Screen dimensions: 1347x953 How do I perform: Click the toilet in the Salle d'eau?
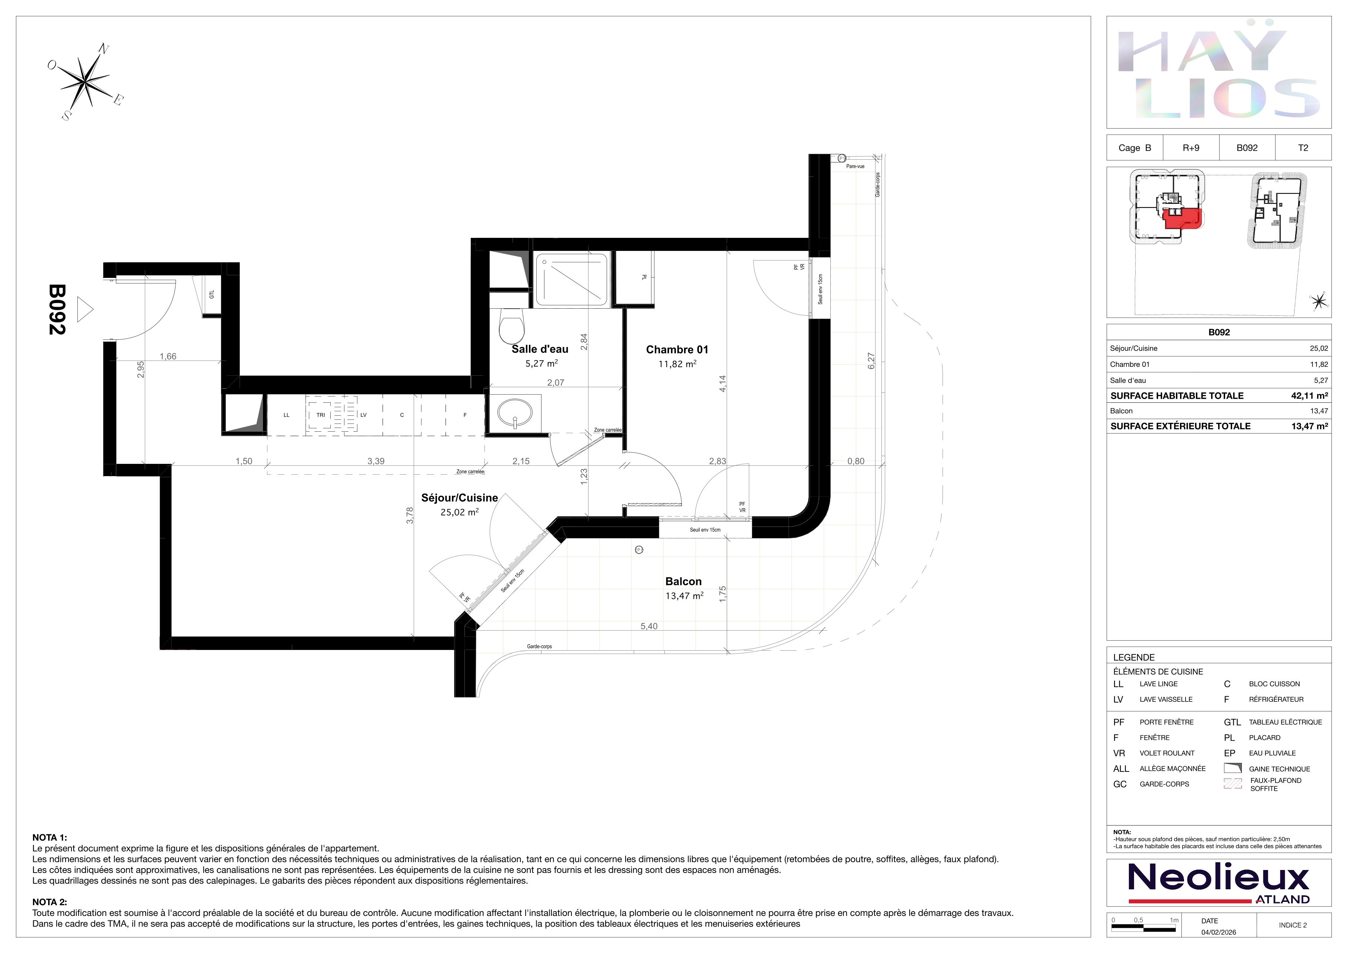pyautogui.click(x=511, y=327)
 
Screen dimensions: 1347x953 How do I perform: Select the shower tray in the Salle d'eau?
pyautogui.click(x=571, y=279)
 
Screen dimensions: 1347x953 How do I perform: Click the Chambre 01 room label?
pyautogui.click(x=677, y=350)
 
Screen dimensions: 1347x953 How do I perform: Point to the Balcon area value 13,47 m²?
pyautogui.click(x=684, y=596)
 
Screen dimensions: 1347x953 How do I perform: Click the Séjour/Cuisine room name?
pyautogui.click(x=459, y=498)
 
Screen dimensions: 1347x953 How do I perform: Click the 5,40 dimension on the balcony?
pyautogui.click(x=649, y=626)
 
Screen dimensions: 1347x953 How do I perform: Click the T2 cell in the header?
pyautogui.click(x=1303, y=148)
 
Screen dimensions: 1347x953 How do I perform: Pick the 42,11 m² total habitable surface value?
pyautogui.click(x=1310, y=395)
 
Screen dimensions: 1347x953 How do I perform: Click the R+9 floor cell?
pyautogui.click(x=1191, y=148)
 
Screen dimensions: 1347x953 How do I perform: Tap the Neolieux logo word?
pyautogui.click(x=1218, y=877)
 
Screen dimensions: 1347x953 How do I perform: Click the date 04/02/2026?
pyautogui.click(x=1218, y=932)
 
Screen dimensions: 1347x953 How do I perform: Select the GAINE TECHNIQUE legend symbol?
pyautogui.click(x=1233, y=768)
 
